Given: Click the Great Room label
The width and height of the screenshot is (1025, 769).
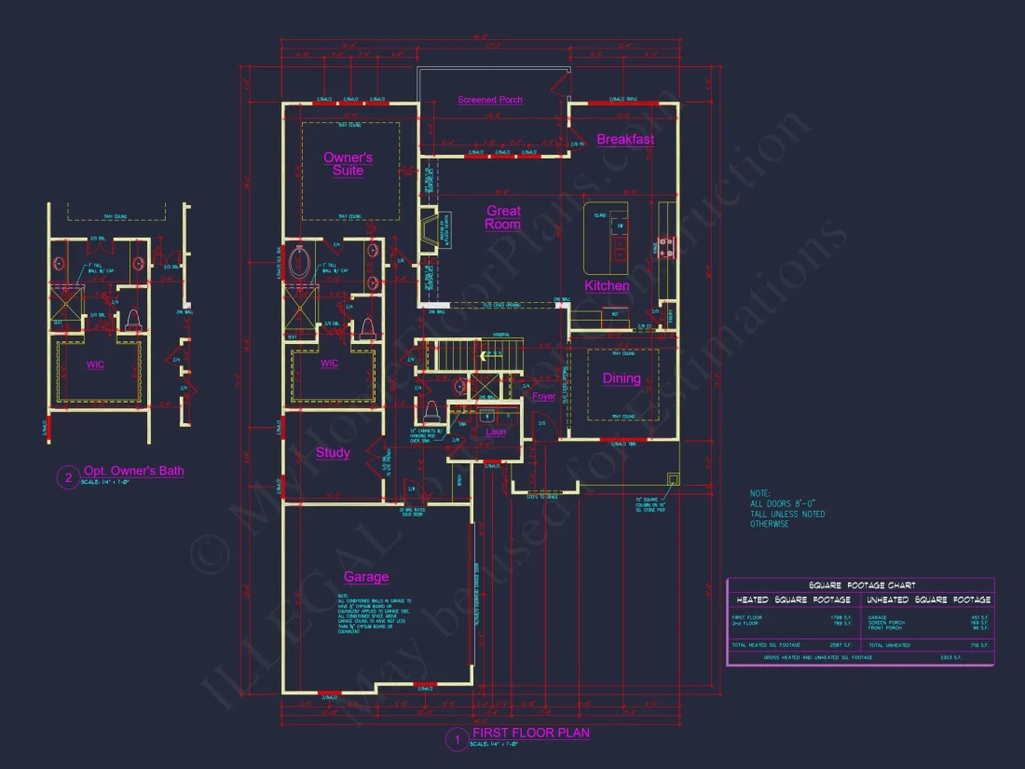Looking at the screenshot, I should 503,218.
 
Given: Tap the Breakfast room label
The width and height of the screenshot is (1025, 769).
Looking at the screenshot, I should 625,140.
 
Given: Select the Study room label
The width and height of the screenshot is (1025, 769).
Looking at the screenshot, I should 333,453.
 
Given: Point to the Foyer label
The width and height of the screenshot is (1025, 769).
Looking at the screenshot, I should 544,396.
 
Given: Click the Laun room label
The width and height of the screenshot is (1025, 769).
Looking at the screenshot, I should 496,432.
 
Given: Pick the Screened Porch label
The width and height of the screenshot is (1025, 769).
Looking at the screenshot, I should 490,100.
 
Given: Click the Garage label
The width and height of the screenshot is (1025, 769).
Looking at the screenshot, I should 366,577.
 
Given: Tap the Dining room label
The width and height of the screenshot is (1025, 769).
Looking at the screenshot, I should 622,378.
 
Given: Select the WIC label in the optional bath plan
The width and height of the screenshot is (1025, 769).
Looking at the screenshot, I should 96,365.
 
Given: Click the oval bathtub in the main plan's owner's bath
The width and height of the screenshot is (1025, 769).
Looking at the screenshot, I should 301,263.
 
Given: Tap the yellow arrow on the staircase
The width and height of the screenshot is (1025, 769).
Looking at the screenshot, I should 484,355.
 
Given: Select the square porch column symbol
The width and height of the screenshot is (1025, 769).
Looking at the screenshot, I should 673,479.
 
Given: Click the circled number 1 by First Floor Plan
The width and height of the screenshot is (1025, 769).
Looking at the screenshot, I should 457,741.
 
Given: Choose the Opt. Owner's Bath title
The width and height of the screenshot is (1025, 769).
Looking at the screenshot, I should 133,471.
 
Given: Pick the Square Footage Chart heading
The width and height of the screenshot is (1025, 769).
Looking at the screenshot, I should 861,585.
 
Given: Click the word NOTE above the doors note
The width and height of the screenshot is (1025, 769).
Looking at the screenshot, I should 760,493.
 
